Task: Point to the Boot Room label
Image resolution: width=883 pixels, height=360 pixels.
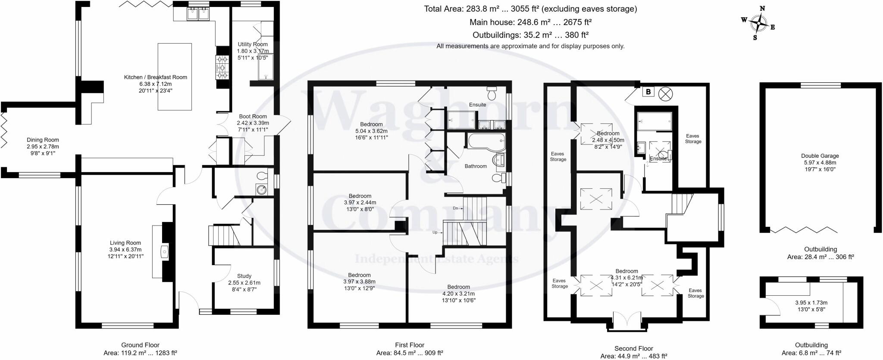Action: (x=253, y=116)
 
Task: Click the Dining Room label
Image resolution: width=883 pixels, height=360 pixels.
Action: (x=43, y=140)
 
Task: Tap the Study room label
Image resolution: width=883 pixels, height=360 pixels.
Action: (x=244, y=276)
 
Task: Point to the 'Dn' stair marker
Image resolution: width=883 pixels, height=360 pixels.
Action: (x=456, y=208)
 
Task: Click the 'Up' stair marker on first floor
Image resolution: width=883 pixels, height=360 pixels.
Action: (x=436, y=232)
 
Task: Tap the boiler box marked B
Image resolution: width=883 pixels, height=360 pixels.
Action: (x=648, y=92)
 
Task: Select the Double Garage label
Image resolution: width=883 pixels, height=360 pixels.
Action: (x=820, y=156)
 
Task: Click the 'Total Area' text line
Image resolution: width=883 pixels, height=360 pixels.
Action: (x=530, y=9)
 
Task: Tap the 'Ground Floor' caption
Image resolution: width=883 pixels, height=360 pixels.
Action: (x=140, y=345)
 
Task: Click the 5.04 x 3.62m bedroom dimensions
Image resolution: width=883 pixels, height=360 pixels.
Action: (x=371, y=131)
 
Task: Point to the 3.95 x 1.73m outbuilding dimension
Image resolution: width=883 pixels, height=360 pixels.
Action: (x=811, y=303)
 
